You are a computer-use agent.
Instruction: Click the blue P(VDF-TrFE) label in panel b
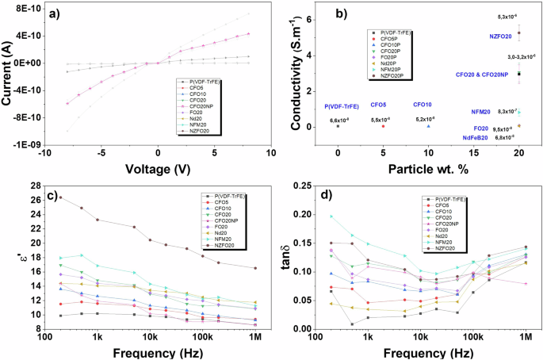(x=341, y=106)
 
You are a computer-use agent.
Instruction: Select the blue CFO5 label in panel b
(x=378, y=105)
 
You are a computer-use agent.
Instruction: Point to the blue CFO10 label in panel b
(x=422, y=105)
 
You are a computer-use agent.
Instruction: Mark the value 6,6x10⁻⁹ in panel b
(x=340, y=120)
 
